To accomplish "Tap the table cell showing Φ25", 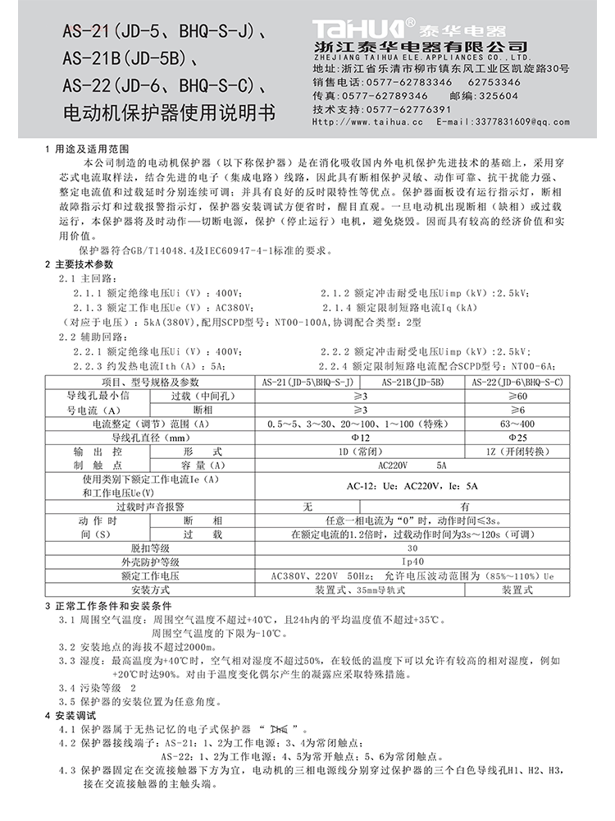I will (518, 438).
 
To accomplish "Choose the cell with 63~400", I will (518, 424).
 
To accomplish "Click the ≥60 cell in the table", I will (518, 396).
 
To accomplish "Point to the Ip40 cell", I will (412, 562).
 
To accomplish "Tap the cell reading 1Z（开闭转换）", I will (518, 452).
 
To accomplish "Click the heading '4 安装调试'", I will (74, 715).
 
